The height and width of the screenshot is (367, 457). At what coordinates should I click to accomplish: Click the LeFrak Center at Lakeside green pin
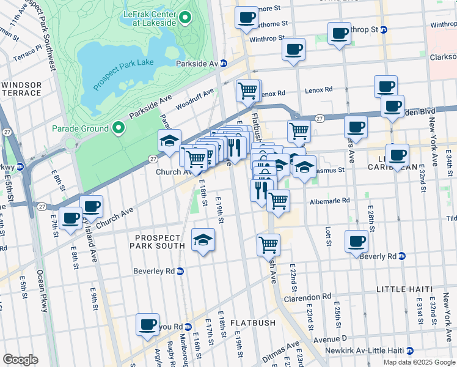point(184,17)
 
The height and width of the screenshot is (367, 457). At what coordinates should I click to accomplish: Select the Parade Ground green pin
point(117,128)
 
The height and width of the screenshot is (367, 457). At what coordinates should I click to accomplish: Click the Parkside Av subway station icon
point(224,63)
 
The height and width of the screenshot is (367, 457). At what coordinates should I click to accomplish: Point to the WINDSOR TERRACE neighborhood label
point(21,89)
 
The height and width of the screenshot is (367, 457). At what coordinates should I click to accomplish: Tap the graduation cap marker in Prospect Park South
point(203,239)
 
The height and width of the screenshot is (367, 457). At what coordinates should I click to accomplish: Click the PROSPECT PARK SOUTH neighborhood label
point(156,242)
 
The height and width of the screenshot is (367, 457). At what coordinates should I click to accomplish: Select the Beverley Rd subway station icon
point(180,271)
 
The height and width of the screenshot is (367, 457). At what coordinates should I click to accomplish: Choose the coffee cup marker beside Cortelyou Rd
point(147,325)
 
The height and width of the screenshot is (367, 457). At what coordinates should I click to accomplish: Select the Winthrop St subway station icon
point(383,29)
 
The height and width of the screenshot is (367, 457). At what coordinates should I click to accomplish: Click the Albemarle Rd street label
point(329,200)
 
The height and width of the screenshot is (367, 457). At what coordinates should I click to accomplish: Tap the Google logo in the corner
point(21,360)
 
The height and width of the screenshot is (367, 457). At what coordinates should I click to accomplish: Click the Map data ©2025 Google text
point(419,362)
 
